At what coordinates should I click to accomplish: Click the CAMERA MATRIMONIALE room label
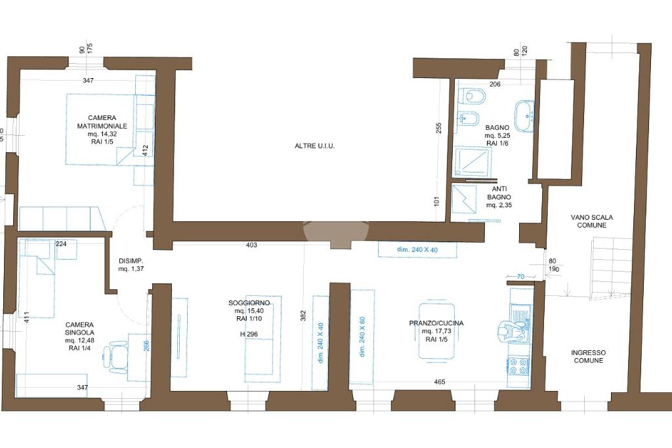point(102,122)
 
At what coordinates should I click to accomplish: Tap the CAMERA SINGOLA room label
point(79,329)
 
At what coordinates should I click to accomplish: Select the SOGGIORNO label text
point(249,303)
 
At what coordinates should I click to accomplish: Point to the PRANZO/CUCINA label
point(436,323)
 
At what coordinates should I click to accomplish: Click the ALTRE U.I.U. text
point(314,146)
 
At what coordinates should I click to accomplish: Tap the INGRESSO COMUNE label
point(589,356)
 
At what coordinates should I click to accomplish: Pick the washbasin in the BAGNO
point(524,116)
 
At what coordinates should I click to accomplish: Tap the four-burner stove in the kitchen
point(518,367)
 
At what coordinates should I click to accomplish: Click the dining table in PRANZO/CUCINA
point(436,331)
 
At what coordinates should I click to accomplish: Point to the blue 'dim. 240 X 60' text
point(362,337)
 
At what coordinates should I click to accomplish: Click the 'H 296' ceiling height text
point(249,335)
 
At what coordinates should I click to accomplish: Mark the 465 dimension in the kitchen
point(440,382)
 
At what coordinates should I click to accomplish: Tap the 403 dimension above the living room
point(251,245)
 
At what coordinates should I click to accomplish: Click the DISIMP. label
point(131,265)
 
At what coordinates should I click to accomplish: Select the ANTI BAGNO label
point(499,197)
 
